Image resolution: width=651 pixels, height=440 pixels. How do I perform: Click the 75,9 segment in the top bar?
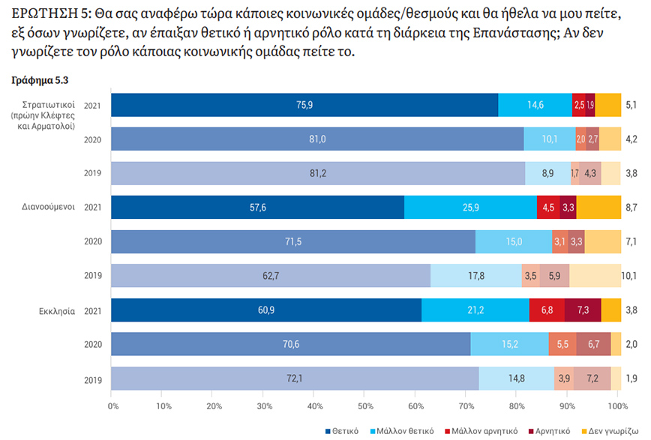(x=304, y=105)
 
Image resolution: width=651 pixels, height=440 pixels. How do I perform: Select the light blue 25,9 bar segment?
(x=470, y=208)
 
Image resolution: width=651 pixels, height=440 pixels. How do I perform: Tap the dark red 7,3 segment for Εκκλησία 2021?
(x=583, y=310)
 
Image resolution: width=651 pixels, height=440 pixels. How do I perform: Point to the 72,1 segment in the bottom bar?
(x=295, y=379)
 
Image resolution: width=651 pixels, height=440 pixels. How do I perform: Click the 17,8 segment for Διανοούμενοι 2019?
(x=475, y=276)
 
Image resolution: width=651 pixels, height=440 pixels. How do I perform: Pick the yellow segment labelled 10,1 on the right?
(x=595, y=276)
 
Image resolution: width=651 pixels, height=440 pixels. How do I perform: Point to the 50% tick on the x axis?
(x=366, y=406)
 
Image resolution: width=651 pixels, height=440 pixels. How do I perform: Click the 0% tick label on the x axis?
(x=114, y=406)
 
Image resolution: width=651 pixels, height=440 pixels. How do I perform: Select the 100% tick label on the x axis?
(x=617, y=406)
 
